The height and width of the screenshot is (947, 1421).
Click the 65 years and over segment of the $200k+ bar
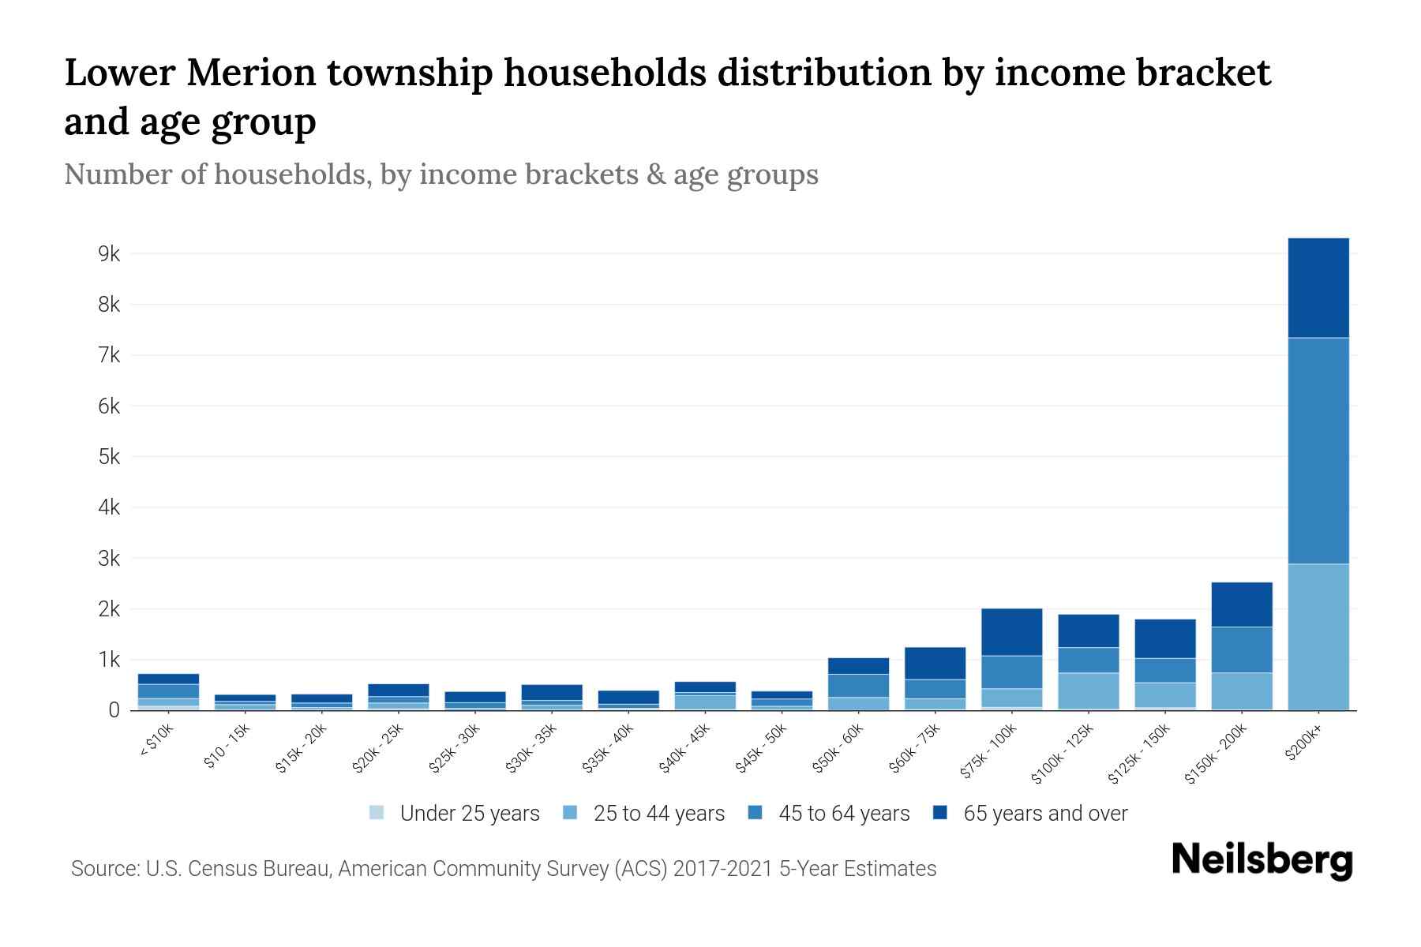click(1318, 288)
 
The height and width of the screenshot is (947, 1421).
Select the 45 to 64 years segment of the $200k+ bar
click(1318, 450)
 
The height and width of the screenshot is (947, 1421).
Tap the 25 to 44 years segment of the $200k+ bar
click(1318, 636)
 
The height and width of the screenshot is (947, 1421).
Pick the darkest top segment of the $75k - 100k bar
click(1011, 631)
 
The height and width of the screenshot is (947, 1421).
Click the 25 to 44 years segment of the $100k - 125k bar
click(1088, 690)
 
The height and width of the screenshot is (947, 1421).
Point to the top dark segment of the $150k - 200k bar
click(1241, 604)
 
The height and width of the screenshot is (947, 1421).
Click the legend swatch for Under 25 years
click(377, 813)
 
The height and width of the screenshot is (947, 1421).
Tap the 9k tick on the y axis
click(108, 254)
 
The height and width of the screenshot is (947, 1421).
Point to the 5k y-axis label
click(108, 457)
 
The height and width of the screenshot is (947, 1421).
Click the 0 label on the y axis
click(114, 710)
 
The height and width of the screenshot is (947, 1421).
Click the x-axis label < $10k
click(156, 741)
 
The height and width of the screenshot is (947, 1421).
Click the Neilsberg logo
click(1262, 860)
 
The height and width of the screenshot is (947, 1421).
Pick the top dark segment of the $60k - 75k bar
click(935, 663)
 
